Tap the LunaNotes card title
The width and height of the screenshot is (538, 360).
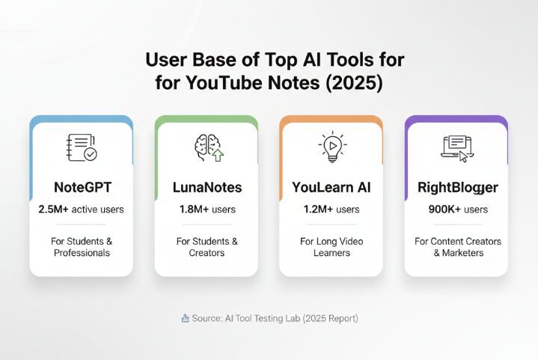(206, 186)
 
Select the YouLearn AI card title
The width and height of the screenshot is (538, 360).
(331, 186)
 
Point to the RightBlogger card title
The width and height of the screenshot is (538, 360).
(456, 186)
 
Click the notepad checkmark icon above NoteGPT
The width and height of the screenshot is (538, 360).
(81, 147)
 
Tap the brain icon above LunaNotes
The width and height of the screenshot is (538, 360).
(206, 147)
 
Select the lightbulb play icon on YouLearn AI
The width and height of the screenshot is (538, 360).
(331, 147)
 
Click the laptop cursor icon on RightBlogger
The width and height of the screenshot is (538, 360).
(456, 147)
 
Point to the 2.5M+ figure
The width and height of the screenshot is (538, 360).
(54, 210)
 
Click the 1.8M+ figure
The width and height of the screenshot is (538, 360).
(193, 210)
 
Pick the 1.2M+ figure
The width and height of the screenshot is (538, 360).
(318, 210)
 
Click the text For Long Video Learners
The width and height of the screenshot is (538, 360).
(331, 247)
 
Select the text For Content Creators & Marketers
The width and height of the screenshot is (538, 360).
(456, 247)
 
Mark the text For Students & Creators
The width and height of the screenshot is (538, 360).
(206, 247)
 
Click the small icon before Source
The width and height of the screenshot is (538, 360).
(184, 319)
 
